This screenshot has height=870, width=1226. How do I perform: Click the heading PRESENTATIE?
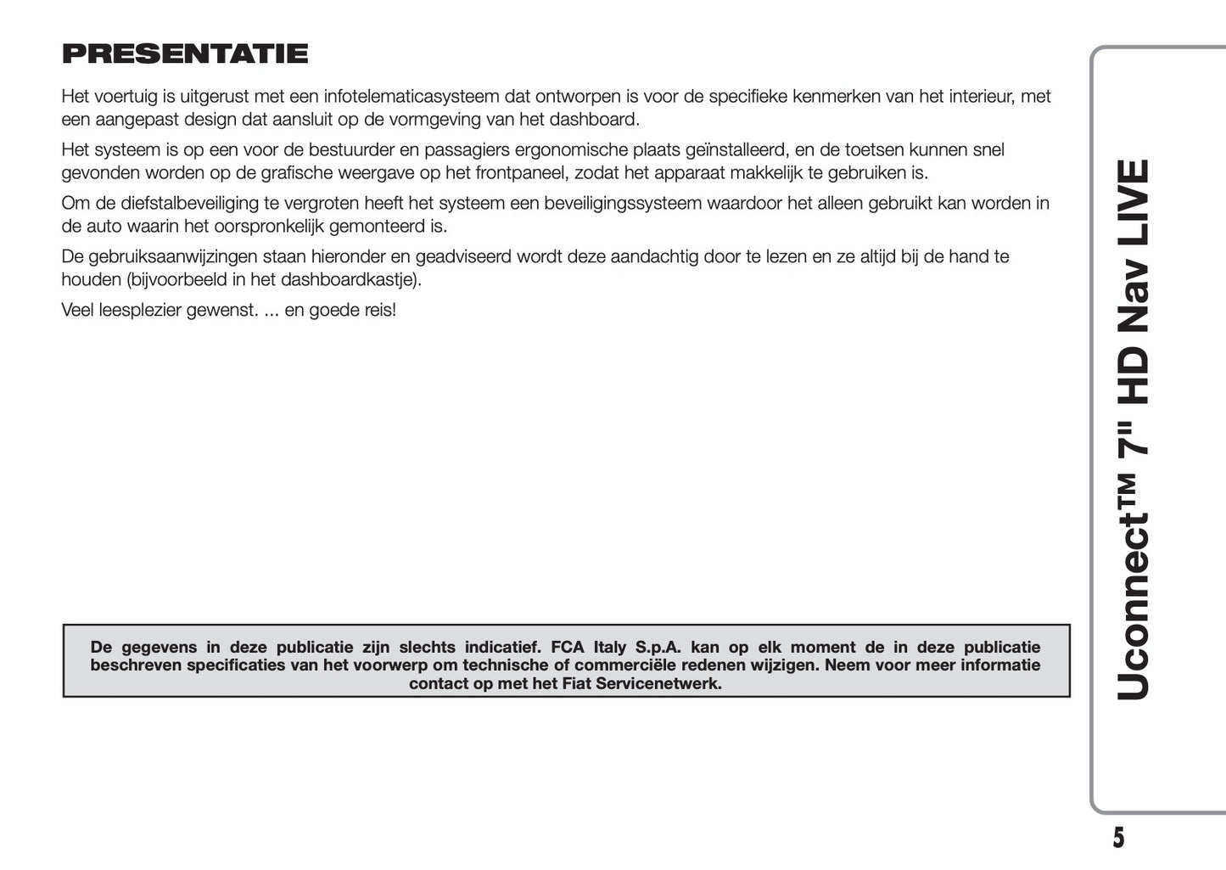click(185, 54)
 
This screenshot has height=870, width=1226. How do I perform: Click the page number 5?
click(1118, 838)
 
